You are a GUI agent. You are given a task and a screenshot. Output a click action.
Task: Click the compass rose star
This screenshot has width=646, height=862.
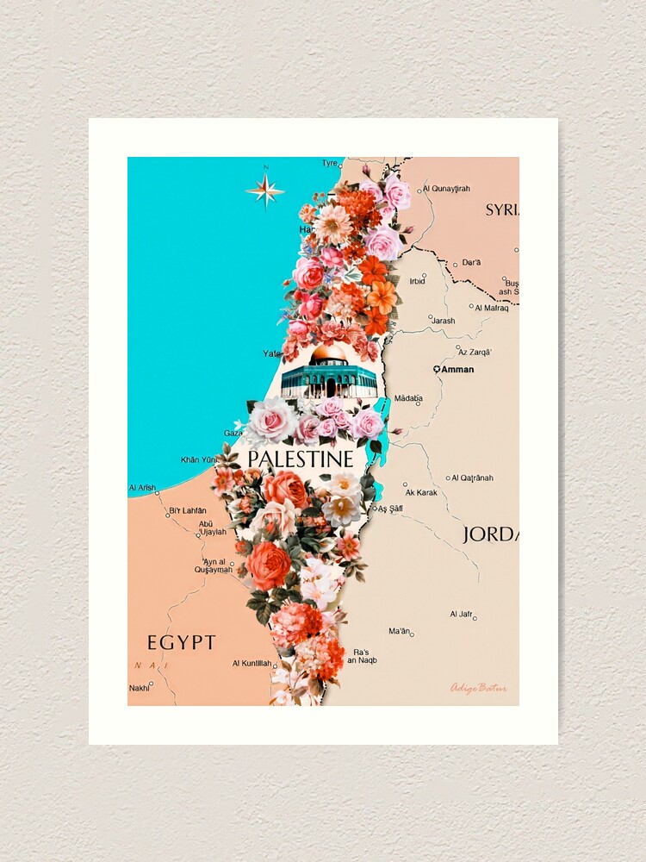(x=265, y=189)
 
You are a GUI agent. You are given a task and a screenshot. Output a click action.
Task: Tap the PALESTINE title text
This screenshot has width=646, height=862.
(x=300, y=459)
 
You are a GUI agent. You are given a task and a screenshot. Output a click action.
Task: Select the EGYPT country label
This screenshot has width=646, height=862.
(x=181, y=642)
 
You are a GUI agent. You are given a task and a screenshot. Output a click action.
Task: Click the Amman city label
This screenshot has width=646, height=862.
(x=457, y=369)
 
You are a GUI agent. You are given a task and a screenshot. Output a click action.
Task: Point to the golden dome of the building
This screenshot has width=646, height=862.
(x=329, y=354)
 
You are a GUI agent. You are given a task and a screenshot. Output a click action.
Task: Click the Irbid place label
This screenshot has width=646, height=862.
(x=417, y=281)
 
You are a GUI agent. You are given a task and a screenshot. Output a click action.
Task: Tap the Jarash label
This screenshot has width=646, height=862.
(x=443, y=321)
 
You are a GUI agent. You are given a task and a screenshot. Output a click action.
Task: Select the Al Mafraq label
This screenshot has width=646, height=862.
(x=492, y=308)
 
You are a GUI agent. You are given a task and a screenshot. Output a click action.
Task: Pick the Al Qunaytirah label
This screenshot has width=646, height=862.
(x=446, y=188)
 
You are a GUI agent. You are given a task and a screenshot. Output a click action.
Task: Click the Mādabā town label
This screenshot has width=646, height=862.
(x=408, y=398)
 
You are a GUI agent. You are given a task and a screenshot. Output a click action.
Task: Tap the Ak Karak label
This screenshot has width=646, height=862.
(x=420, y=491)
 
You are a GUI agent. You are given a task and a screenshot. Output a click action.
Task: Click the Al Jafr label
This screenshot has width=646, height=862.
(x=461, y=614)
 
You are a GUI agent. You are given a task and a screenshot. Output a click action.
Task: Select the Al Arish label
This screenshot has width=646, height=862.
(x=142, y=488)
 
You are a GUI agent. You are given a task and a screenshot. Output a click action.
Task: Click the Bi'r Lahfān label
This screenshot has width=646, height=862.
(x=188, y=510)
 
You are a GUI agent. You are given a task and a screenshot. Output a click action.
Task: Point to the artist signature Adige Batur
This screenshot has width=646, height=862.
(x=478, y=688)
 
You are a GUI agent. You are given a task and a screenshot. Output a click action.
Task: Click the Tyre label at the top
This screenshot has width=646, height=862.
(x=329, y=163)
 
